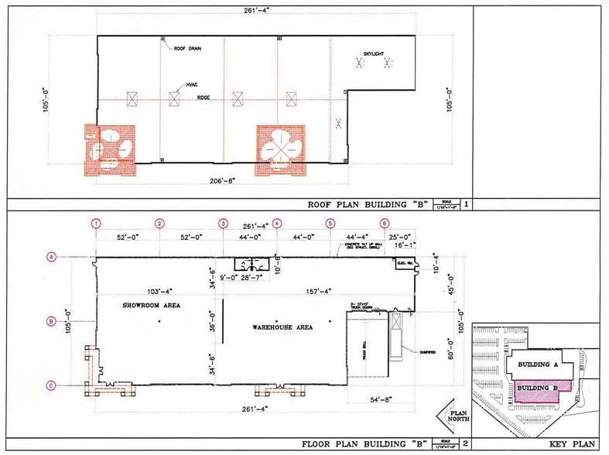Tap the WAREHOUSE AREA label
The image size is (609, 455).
point(282,328)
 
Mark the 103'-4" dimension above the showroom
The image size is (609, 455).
point(151,291)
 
